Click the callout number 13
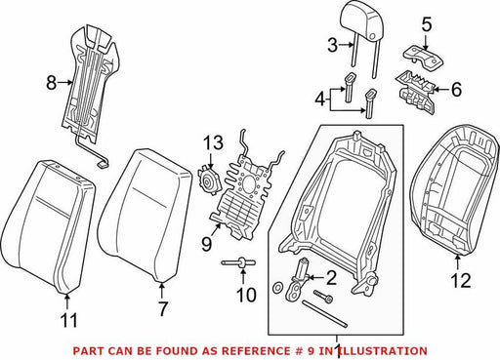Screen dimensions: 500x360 coord(213,142)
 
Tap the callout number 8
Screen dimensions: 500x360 coord(51,83)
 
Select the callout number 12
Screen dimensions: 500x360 coord(461,281)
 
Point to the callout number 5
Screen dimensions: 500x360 coord(426,25)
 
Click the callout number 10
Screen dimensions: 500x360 coord(246,295)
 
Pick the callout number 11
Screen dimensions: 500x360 coord(69,320)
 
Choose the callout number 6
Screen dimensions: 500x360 coord(456,89)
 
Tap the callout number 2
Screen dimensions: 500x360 coord(331,278)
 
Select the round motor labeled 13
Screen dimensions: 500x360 coord(210,181)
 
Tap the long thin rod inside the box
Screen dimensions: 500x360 coord(325,314)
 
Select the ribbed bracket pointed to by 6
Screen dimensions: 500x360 coord(415,93)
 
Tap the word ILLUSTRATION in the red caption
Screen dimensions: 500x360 coord(382,351)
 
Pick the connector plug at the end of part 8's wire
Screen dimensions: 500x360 coord(103,165)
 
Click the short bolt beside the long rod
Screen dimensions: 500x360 coord(323,296)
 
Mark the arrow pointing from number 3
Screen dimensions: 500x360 coord(346,46)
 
